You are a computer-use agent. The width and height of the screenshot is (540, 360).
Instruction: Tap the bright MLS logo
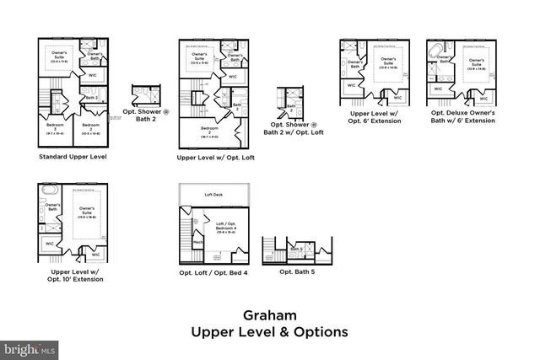pos(29,347)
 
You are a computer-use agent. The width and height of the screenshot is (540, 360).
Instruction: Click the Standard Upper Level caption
pos(73,157)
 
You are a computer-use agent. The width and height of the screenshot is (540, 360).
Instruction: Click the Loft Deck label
pos(213,195)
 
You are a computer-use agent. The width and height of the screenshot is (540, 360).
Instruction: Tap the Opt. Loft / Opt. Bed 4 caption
pos(214,273)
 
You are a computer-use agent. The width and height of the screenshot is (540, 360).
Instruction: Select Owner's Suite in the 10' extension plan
pos(86,210)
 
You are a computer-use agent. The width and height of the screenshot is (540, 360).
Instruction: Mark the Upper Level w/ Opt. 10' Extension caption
pos(76,275)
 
